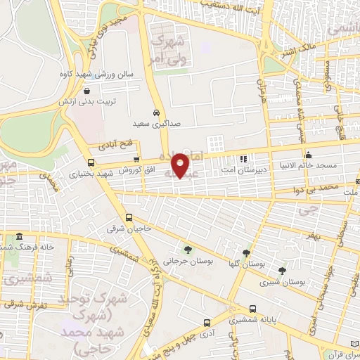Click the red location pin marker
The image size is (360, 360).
coord(182,165)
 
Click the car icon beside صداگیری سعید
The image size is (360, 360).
coord(156,112)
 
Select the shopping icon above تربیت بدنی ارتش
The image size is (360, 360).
coord(86,91)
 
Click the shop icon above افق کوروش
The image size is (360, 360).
coord(136,160)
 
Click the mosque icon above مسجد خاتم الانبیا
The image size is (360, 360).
coord(307,155)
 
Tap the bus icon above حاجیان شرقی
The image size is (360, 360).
coord(129,218)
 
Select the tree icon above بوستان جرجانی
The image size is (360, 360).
coord(187,249)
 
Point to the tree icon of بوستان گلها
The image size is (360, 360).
coord(245,253)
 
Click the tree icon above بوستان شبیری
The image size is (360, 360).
coord(282,270)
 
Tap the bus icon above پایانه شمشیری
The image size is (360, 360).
coord(253,309)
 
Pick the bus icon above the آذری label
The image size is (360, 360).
coord(206,323)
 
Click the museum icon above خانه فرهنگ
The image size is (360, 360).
coord(18,236)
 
